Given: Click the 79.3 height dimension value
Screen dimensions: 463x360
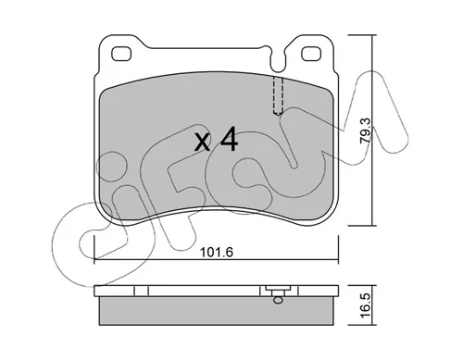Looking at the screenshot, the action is click(x=366, y=130).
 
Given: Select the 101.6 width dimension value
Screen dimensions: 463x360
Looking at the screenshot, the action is click(x=217, y=253).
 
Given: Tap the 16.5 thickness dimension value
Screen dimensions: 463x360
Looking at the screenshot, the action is click(x=366, y=304).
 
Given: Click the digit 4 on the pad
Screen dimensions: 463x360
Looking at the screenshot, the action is click(x=229, y=139).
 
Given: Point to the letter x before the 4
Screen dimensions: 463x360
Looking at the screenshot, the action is click(x=203, y=143).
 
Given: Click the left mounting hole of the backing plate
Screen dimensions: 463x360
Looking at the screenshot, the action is click(x=121, y=54).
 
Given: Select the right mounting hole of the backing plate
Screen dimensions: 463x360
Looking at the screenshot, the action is click(x=311, y=54).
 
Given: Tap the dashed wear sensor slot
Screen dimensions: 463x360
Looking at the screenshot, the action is click(x=278, y=95).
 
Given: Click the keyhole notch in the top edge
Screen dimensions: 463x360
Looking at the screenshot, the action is click(x=277, y=61).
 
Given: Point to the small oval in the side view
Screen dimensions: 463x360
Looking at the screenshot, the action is click(x=278, y=300).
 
